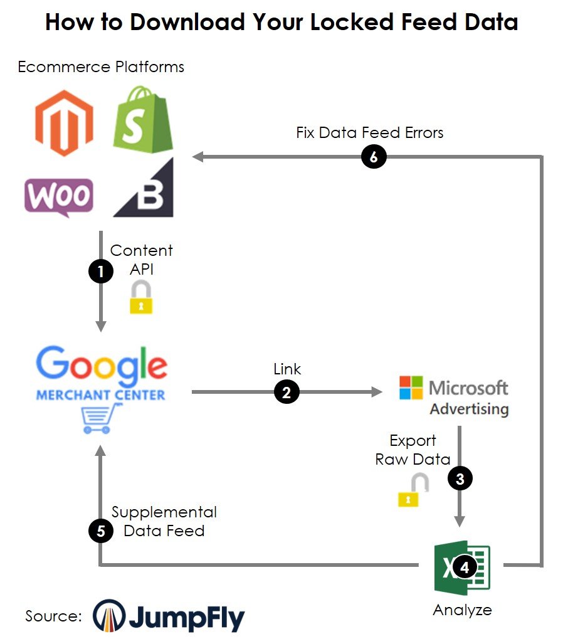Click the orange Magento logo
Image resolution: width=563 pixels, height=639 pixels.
64,123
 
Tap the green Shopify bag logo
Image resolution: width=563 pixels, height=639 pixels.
143,120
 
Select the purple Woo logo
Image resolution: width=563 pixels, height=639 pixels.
59,196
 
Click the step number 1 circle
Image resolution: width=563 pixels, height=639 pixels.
100,272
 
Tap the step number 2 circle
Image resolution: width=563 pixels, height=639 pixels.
287,393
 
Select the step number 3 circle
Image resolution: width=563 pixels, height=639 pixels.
460,479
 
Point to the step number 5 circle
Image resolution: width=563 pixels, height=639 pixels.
100,531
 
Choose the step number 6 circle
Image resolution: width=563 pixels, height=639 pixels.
374,157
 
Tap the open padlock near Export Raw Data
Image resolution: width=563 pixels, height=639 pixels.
413,490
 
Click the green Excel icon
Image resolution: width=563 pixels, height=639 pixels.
462,568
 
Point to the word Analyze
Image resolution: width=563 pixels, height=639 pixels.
462,610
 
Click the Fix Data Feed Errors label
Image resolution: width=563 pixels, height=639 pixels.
370,133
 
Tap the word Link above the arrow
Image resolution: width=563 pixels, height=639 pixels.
287,369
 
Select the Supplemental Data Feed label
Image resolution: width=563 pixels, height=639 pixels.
164,521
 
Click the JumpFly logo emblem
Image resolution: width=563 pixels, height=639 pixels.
109,616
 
